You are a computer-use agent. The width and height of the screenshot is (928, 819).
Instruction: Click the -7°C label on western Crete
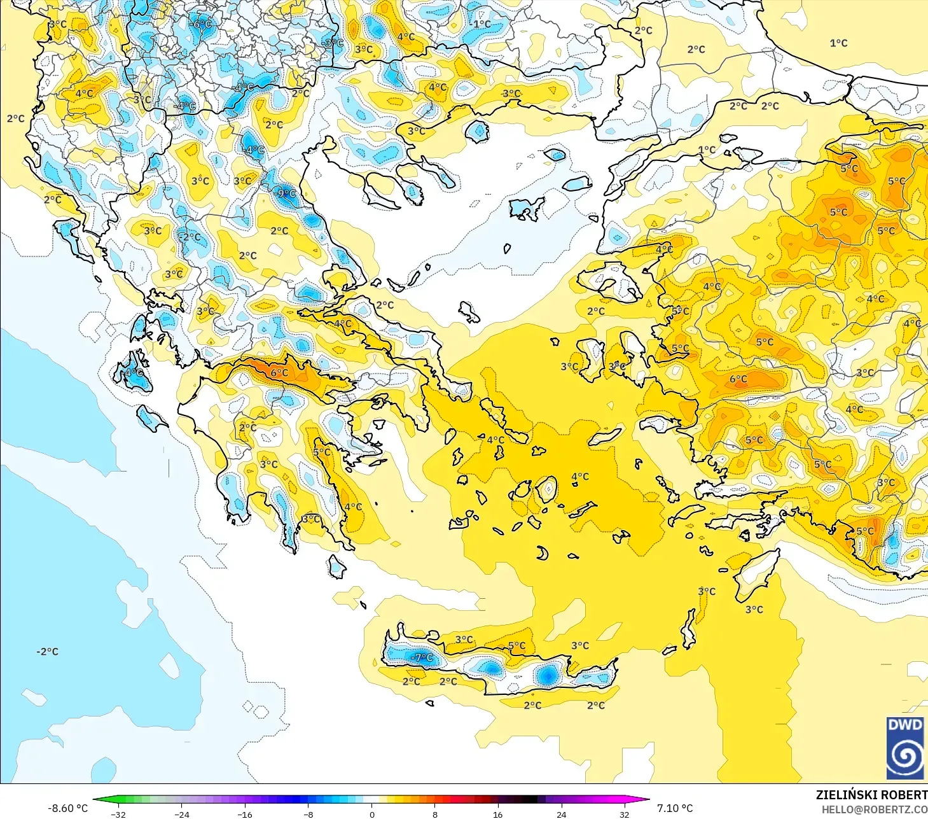click(x=422, y=657)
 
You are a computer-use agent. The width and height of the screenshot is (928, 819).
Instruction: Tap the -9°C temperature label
click(x=286, y=193)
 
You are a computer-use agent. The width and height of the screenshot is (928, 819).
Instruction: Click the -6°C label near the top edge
click(x=202, y=24)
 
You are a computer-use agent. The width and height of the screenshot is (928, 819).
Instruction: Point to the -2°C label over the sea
click(x=47, y=652)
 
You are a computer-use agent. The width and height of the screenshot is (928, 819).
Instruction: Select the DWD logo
click(x=904, y=748)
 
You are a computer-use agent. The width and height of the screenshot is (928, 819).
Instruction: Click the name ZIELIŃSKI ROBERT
click(x=871, y=795)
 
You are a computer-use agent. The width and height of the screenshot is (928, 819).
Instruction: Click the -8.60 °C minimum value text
click(x=67, y=808)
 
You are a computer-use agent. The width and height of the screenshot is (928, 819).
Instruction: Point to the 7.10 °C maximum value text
click(x=675, y=808)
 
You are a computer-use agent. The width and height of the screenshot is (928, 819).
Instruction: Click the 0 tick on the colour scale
click(x=372, y=814)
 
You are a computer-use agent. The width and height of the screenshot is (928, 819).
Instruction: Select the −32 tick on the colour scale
click(x=118, y=814)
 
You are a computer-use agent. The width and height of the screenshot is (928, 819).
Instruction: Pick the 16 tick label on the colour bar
click(x=498, y=814)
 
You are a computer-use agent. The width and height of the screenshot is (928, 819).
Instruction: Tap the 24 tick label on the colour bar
click(x=561, y=814)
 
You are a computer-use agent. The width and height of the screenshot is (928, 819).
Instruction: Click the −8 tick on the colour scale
click(x=308, y=814)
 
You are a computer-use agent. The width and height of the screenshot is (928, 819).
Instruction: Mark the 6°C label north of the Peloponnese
click(x=279, y=373)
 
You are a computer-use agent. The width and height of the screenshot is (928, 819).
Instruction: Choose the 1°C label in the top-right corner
click(x=838, y=43)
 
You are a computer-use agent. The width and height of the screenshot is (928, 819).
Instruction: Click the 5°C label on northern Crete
click(x=516, y=646)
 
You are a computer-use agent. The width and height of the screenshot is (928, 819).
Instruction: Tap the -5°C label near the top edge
click(x=333, y=43)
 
